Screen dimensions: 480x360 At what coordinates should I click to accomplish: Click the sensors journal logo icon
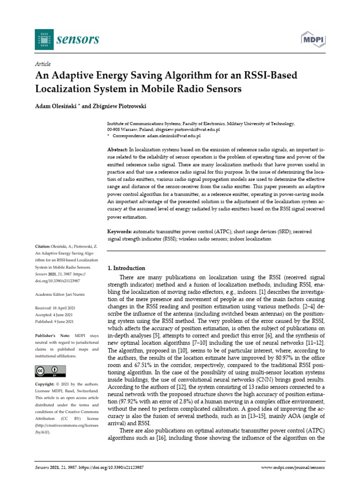click(x=44, y=39)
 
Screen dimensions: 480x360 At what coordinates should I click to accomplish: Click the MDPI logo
click(x=312, y=39)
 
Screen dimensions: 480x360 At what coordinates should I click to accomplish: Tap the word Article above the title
click(x=43, y=64)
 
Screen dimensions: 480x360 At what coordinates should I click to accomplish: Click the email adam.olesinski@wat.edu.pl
click(x=172, y=135)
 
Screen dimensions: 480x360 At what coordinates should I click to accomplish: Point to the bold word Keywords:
click(x=120, y=232)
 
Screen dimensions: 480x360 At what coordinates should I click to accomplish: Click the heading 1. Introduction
click(x=127, y=268)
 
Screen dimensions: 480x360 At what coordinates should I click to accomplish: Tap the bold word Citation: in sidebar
click(x=45, y=246)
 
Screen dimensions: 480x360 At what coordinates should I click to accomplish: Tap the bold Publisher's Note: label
click(x=52, y=336)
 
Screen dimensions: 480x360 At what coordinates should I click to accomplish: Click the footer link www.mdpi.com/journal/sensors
click(x=292, y=468)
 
